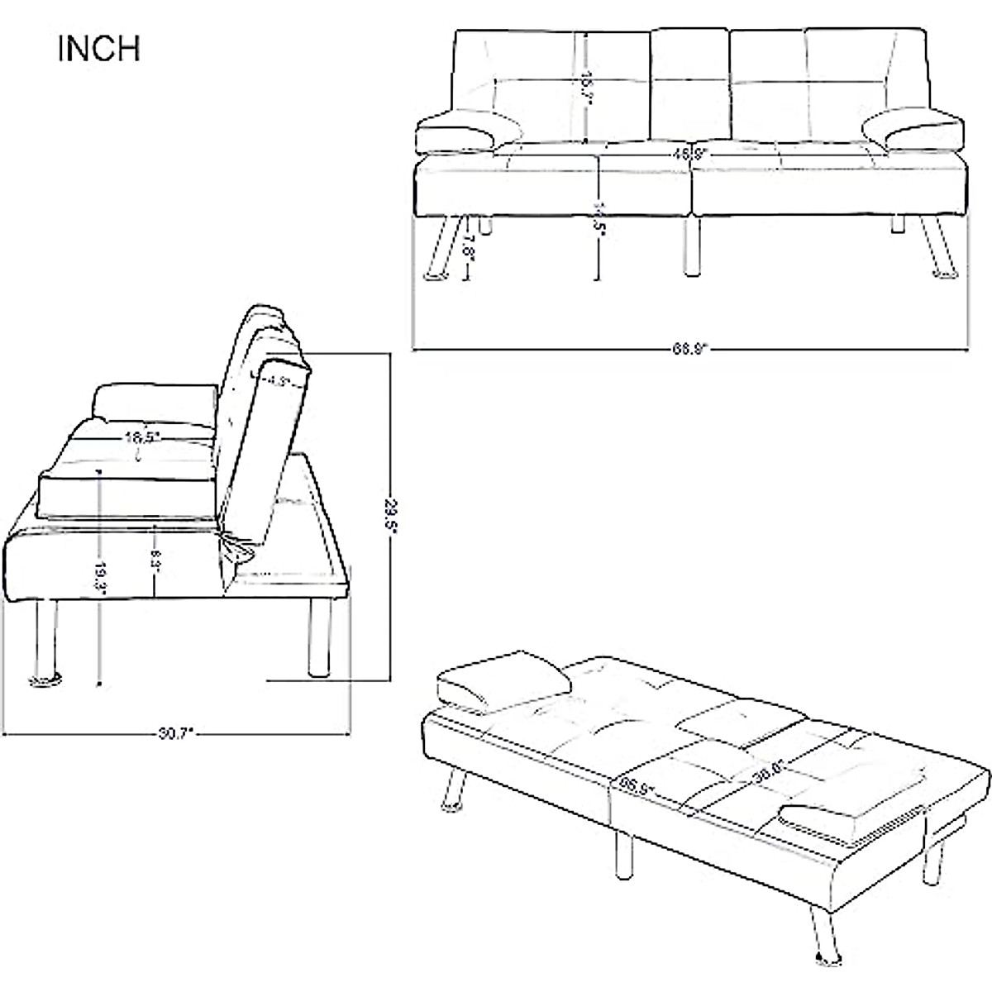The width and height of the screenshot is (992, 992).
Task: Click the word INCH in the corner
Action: click(x=98, y=49)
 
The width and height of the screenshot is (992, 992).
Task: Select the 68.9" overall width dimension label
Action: click(x=689, y=349)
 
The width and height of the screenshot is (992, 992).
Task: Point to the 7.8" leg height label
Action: click(x=469, y=246)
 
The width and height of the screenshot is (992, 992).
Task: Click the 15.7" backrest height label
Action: click(x=585, y=85)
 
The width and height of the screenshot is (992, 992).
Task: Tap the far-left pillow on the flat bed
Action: click(x=503, y=684)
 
